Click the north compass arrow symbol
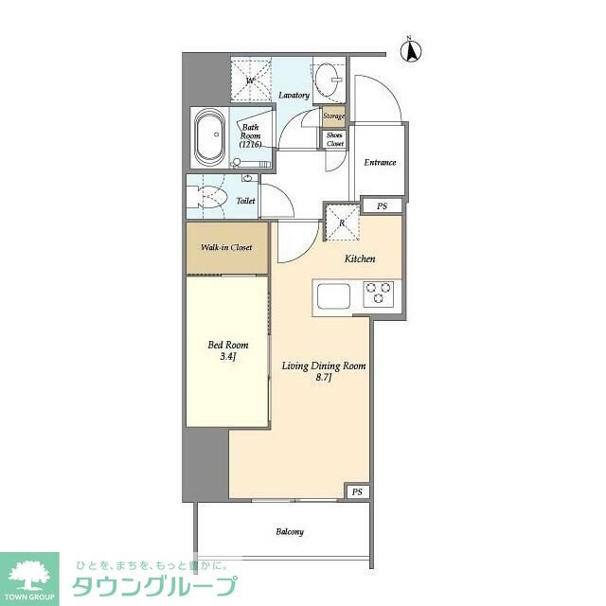click(x=410, y=51)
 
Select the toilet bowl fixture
click(x=207, y=197)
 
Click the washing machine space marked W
click(x=251, y=80)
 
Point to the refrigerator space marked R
click(x=343, y=223)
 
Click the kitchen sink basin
click(x=333, y=296)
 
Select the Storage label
click(x=334, y=116)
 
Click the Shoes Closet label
click(x=334, y=139)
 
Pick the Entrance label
click(x=380, y=162)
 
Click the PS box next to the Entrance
click(x=382, y=206)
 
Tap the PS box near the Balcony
click(x=358, y=491)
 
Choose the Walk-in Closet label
click(x=226, y=247)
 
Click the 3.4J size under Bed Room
click(x=227, y=356)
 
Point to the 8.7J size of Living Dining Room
click(x=324, y=378)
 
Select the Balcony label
click(x=290, y=532)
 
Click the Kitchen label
click(x=360, y=258)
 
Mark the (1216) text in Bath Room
click(x=250, y=145)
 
